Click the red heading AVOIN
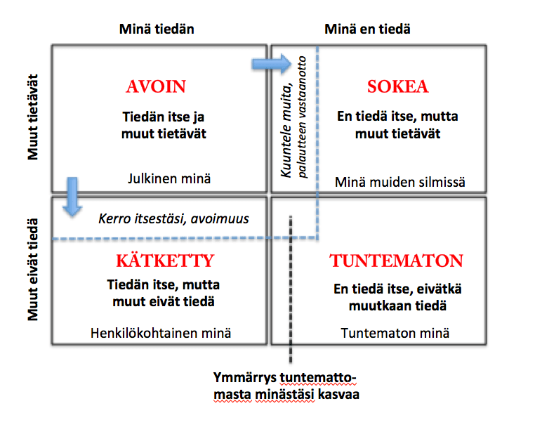(156, 87)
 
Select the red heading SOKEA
(397, 87)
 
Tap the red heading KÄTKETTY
(164, 261)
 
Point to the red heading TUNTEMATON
(397, 261)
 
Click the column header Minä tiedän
(157, 29)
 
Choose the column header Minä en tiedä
(367, 29)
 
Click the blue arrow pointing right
(270, 65)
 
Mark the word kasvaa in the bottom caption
(340, 397)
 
